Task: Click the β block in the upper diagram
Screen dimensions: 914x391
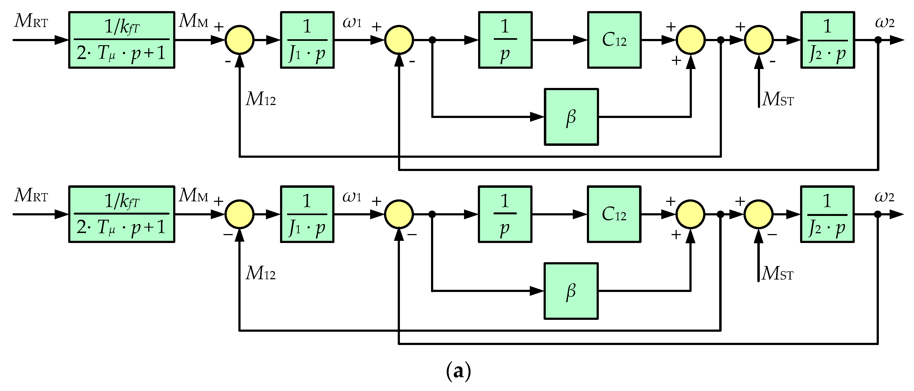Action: point(571,117)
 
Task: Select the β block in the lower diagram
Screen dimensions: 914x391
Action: point(571,291)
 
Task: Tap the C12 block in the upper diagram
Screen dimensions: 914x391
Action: point(614,40)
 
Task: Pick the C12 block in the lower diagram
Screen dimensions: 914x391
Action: point(614,214)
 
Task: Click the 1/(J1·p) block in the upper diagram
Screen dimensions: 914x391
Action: point(307,40)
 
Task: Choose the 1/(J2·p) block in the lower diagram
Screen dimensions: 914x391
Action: point(827,214)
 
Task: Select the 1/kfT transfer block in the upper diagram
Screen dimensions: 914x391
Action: point(122,40)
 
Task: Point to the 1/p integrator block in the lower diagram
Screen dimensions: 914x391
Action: point(505,214)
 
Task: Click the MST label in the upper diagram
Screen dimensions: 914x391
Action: point(778,99)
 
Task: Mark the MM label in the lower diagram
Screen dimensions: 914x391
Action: point(193,195)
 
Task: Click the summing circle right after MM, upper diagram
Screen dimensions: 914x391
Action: point(239,40)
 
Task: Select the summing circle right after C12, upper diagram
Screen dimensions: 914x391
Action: point(691,40)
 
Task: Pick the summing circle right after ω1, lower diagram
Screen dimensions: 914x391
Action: point(399,214)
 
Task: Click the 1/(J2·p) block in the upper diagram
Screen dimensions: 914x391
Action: point(827,40)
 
